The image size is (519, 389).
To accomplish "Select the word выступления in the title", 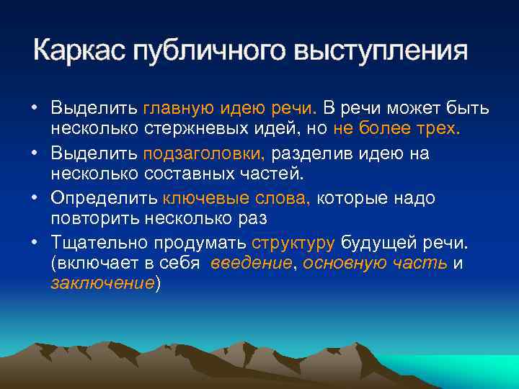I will pos(381,51).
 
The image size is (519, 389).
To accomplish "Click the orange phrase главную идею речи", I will pos(230,109).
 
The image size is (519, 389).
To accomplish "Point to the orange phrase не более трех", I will pos(396,129).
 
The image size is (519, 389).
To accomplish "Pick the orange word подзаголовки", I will pos(205,153).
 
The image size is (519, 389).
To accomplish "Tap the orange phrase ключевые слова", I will pos(236,198).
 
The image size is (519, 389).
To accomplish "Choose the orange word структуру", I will pos(294,243).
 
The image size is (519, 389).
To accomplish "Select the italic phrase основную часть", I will pos(375,264).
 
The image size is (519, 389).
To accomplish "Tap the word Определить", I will pos(103,198).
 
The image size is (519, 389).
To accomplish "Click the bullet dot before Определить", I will pos(35,198).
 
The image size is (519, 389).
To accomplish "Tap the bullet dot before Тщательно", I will pos(35,243).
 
